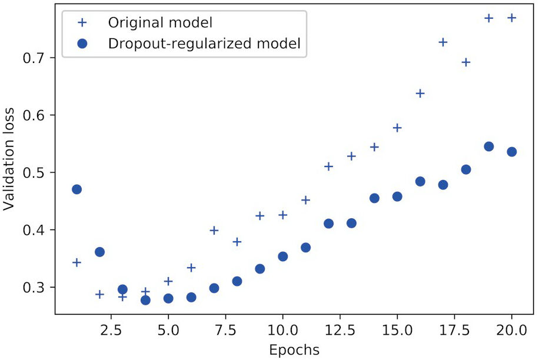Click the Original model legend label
159,23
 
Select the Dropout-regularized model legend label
204,43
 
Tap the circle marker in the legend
82,44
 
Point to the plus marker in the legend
82,23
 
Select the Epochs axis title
294,350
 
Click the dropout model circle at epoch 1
76,189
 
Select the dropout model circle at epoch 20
511,152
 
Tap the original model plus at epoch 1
76,262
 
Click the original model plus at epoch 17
443,42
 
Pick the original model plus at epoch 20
511,18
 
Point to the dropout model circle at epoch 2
99,252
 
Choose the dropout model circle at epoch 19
488,146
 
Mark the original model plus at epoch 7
214,230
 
